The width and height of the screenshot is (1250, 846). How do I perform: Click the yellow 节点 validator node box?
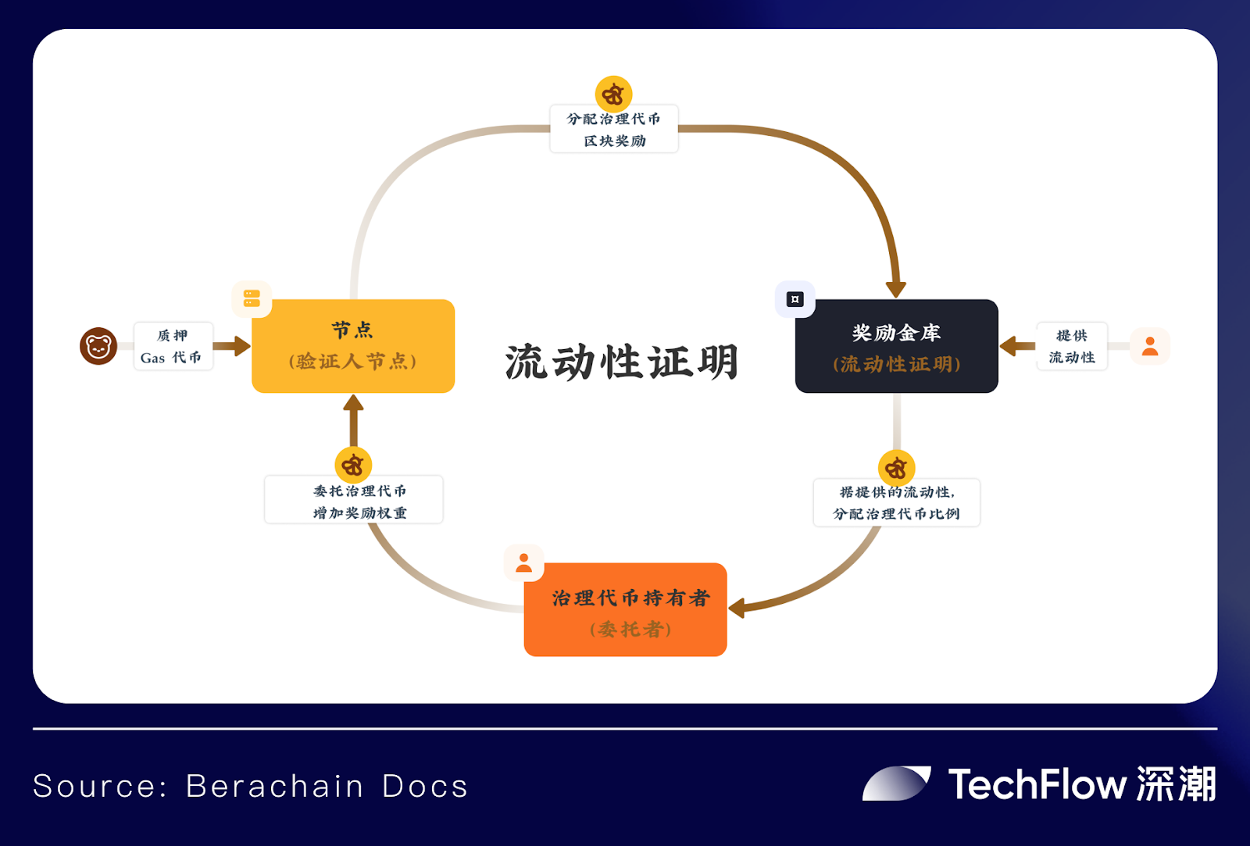[x=353, y=346]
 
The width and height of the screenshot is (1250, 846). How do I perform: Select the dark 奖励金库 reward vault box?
[x=896, y=346]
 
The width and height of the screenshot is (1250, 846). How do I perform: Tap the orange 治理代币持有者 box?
[x=626, y=609]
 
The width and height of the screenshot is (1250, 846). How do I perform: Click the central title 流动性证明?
[x=622, y=362]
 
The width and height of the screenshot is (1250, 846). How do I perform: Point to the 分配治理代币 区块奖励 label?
[x=614, y=129]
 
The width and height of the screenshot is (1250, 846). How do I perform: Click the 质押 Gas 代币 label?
[x=173, y=346]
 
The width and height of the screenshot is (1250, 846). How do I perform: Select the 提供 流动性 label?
[x=1071, y=346]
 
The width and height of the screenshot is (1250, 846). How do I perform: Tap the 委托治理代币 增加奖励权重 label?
[x=354, y=500]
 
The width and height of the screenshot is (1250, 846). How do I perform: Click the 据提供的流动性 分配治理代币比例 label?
[x=896, y=502]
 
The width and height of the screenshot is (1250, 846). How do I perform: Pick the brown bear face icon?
[x=98, y=346]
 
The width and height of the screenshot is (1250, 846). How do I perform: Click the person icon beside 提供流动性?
[x=1150, y=346]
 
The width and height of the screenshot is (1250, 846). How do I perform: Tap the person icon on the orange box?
[x=523, y=562]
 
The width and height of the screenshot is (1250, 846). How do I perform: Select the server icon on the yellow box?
[x=252, y=298]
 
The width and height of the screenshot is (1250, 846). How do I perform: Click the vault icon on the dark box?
[x=795, y=299]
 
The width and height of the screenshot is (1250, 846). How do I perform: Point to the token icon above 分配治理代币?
[x=613, y=95]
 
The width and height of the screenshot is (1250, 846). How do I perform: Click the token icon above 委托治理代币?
[x=353, y=466]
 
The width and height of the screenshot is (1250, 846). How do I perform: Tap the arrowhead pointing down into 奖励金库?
[x=896, y=288]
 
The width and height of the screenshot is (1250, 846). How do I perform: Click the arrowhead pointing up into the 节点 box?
[x=353, y=403]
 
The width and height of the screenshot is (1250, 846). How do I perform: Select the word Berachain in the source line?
[x=274, y=786]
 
